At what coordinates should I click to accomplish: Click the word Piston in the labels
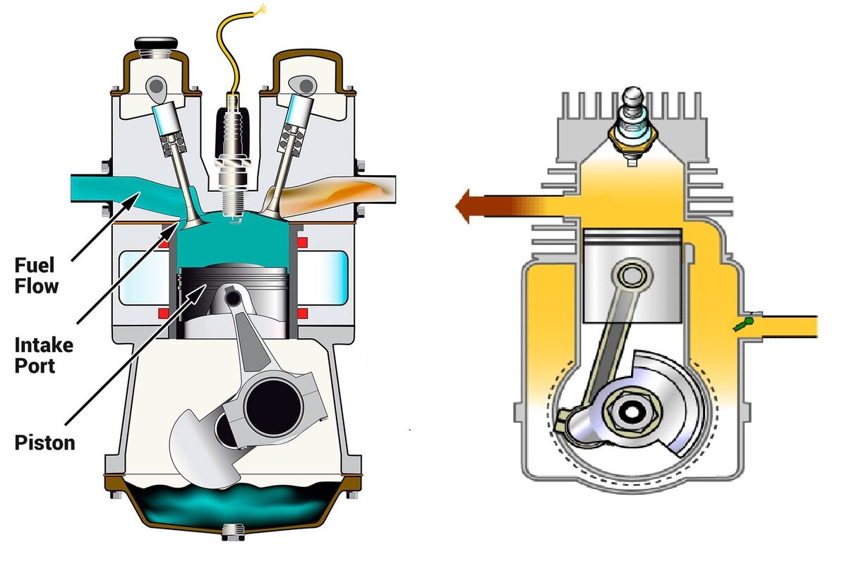[44, 443]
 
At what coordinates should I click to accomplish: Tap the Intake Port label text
[44, 356]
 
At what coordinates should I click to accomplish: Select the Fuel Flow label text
[36, 276]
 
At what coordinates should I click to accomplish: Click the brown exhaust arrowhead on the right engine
[463, 206]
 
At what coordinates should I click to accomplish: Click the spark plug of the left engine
[232, 159]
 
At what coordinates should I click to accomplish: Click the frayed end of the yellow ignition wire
[261, 9]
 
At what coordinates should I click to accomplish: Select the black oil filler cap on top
[156, 42]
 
